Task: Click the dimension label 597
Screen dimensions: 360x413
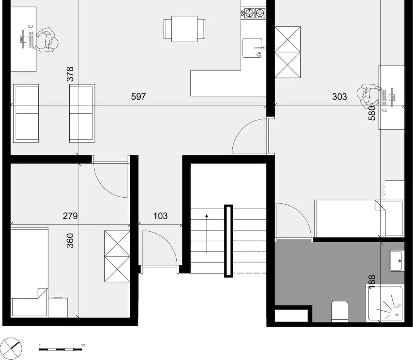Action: coord(138,96)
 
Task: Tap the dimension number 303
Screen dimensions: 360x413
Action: coord(339,96)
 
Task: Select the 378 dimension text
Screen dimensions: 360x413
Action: coord(70,74)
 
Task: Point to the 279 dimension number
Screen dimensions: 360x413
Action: coord(70,216)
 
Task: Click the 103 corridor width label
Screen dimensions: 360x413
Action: coord(160,216)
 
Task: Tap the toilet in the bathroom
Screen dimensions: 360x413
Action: coord(340,311)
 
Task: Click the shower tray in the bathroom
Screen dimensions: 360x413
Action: coord(385,303)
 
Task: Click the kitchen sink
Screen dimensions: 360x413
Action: coord(252,48)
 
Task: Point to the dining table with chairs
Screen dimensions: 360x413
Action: coord(184,29)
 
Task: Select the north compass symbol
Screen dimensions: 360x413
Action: coord(11,348)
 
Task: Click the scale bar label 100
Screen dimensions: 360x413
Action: coord(83,345)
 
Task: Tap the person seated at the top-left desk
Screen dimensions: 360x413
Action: coord(46,40)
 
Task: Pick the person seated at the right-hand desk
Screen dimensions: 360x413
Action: coord(369,95)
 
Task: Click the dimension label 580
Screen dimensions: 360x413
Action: coord(372,113)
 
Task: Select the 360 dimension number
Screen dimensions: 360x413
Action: coord(70,240)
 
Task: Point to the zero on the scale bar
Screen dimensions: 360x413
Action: coord(39,345)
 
